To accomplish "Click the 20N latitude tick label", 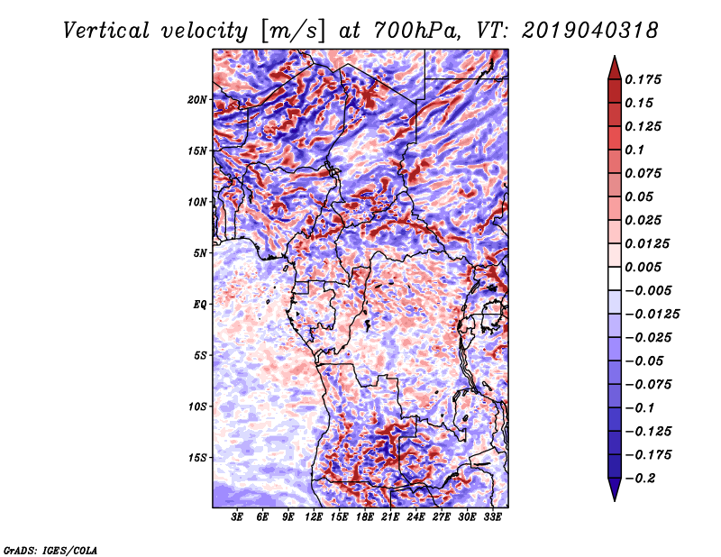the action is click(197, 100).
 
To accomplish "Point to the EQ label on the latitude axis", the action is click(200, 305).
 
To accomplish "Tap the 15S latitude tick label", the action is click(197, 458).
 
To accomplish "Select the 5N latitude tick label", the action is click(200, 253).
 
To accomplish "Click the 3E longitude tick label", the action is click(237, 517).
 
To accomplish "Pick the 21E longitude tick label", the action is click(390, 517).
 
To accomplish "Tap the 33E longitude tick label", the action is click(492, 517).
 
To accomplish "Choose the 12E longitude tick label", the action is click(314, 517).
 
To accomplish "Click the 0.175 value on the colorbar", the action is click(643, 79).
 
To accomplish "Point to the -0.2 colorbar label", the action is click(640, 479).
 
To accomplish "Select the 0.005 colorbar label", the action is click(643, 267).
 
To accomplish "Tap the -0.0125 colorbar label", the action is click(652, 315).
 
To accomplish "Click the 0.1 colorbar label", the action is click(634, 150).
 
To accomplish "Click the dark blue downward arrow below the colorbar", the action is click(615, 489).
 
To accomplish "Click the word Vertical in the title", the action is click(106, 31).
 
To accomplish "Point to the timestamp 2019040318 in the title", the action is click(590, 31).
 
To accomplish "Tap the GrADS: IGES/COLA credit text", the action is click(50, 550).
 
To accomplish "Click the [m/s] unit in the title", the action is click(292, 32).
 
